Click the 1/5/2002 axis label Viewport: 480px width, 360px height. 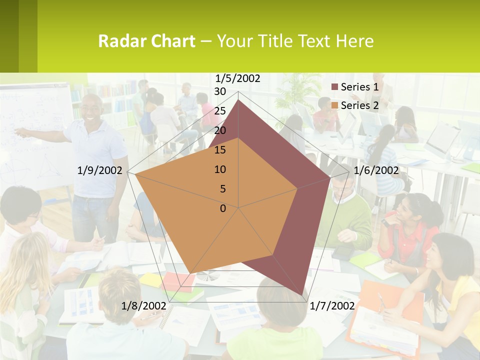click(x=238, y=78)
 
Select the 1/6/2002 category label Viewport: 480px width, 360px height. click(x=376, y=170)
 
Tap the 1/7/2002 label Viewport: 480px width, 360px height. click(x=332, y=306)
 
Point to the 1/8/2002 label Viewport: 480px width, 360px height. click(x=144, y=306)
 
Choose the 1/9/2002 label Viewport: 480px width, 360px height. click(x=100, y=170)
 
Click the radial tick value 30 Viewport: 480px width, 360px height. click(x=220, y=91)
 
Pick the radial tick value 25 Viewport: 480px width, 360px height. click(x=220, y=111)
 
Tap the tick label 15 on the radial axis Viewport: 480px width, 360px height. click(x=220, y=150)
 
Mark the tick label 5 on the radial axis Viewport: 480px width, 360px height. click(x=223, y=189)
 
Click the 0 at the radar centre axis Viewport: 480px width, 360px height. click(x=223, y=208)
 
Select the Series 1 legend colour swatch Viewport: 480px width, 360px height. click(x=335, y=87)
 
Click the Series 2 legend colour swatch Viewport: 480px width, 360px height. click(x=335, y=105)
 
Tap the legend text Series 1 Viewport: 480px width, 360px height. click(x=359, y=87)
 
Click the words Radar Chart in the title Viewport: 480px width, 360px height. click(x=146, y=41)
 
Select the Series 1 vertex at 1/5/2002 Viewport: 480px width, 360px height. click(x=238, y=99)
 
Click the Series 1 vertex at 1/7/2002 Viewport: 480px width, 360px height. click(x=302, y=295)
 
